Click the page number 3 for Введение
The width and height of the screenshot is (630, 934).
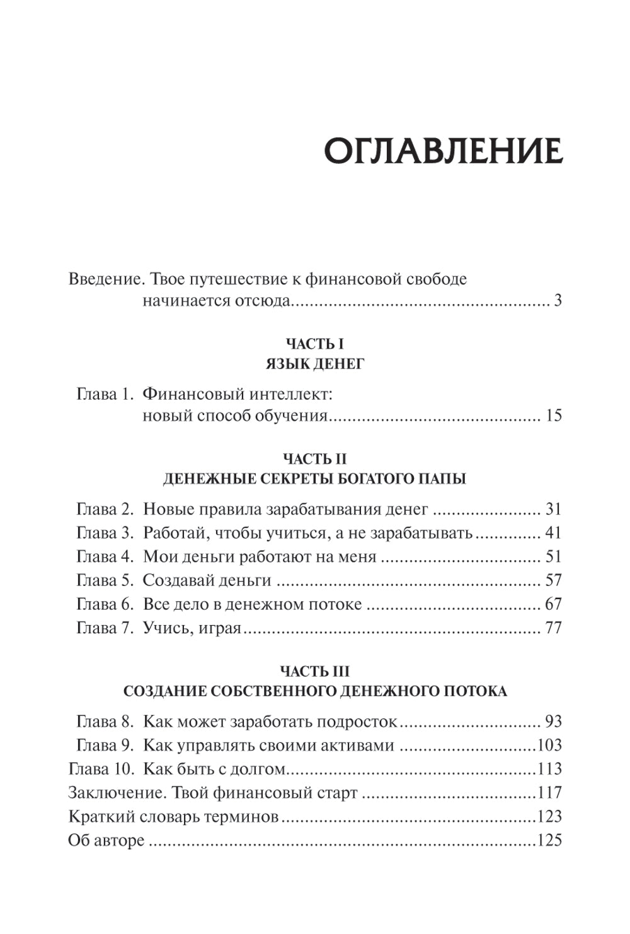click(x=557, y=301)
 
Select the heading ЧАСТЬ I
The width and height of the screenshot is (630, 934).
click(x=314, y=344)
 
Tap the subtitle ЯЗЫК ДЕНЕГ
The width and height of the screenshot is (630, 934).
click(x=314, y=364)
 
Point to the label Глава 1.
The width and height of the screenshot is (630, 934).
click(x=105, y=394)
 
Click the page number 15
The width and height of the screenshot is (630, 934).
click(x=553, y=416)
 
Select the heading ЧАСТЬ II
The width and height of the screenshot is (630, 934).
click(x=314, y=458)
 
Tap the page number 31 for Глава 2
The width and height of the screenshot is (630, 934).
click(x=553, y=510)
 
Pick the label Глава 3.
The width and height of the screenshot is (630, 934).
click(x=105, y=534)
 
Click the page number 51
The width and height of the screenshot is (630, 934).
click(x=553, y=557)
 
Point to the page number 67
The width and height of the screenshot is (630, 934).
click(x=553, y=604)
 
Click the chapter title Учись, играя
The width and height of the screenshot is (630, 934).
click(x=192, y=628)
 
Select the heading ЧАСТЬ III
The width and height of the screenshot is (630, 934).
click(x=314, y=671)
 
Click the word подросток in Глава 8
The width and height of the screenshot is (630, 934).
click(x=357, y=722)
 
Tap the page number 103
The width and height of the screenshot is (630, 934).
click(x=549, y=745)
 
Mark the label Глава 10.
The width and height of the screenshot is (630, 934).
click(x=101, y=769)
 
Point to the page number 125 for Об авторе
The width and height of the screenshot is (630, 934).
click(x=549, y=841)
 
